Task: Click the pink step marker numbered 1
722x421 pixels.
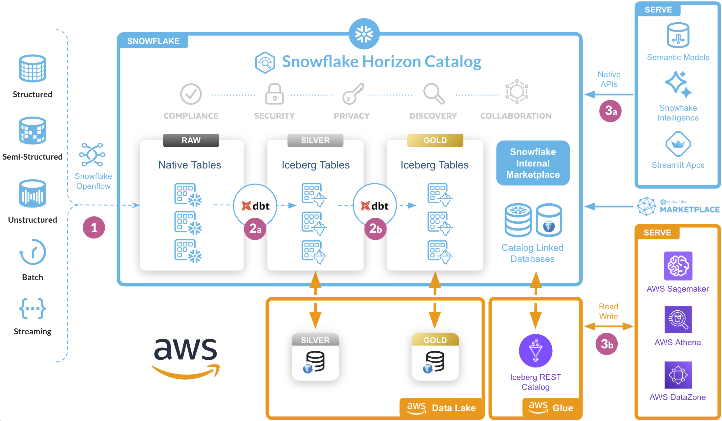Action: pos(94,227)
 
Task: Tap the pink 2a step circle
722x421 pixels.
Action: pos(255,229)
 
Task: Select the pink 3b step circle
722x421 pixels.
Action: pos(607,344)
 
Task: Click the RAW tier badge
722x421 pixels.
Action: pos(191,140)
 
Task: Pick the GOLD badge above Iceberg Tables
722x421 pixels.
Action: pos(435,140)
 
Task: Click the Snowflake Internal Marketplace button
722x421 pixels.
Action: pos(533,163)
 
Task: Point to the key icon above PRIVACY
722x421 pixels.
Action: pos(353,94)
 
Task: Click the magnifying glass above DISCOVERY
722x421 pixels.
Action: pos(434,94)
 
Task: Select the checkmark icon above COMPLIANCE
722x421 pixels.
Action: pos(191,94)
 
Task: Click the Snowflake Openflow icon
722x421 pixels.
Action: pos(92,154)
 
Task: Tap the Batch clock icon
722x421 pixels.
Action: pos(33,252)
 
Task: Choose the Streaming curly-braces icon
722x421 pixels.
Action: pos(32,309)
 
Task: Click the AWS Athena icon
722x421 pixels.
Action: pos(678,320)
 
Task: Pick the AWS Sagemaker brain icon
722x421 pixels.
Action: pos(678,266)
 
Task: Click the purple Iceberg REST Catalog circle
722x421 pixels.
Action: pos(536,351)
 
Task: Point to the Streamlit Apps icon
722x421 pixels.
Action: pos(678,144)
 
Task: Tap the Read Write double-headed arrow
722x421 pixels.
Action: pos(609,326)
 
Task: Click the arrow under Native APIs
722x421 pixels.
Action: pos(609,95)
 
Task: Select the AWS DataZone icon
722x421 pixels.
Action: pos(678,375)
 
